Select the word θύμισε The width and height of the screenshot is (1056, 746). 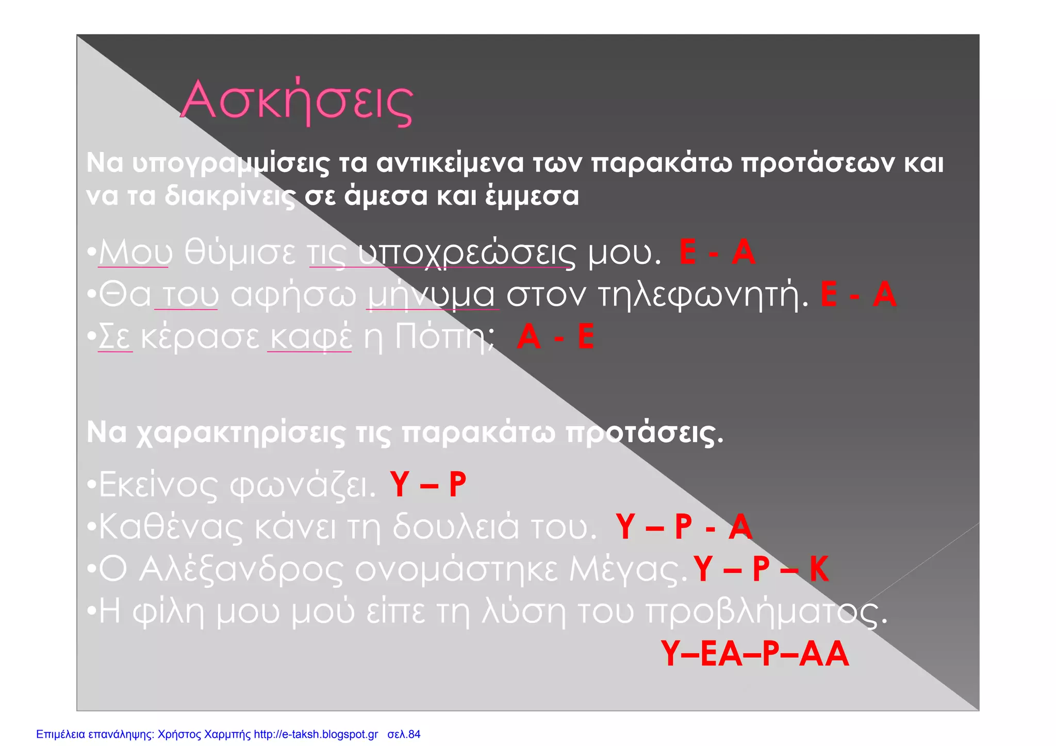(x=240, y=252)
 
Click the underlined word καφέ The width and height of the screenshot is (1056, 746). (x=310, y=337)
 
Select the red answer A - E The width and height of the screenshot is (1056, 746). (x=555, y=337)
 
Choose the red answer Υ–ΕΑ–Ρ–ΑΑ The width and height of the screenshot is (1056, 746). (x=754, y=654)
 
